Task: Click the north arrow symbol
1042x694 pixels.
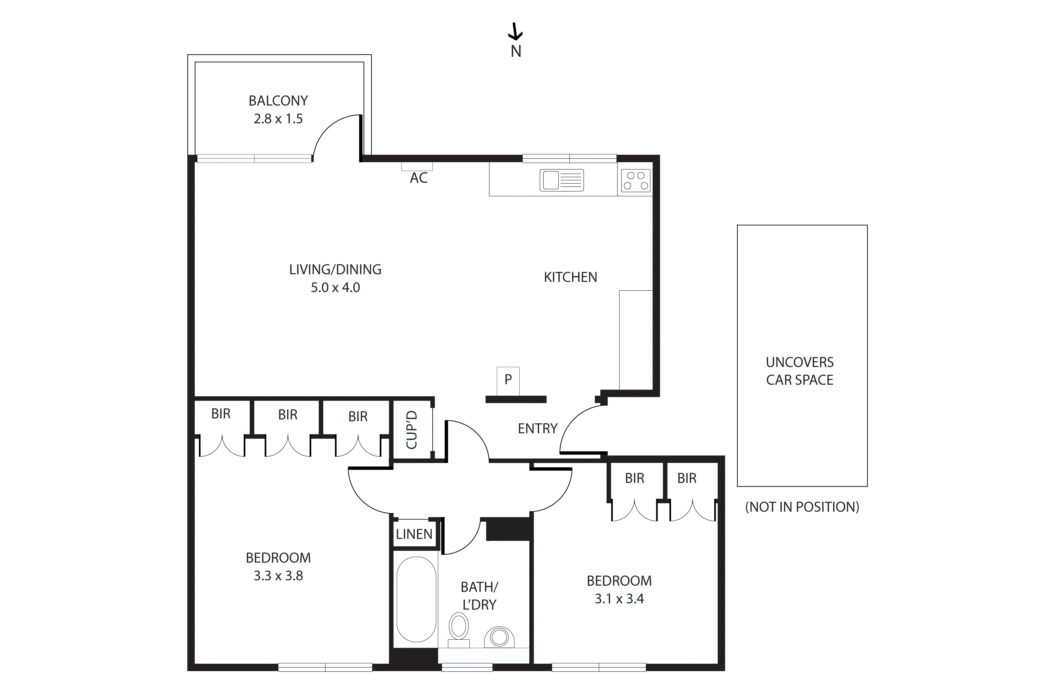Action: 515,32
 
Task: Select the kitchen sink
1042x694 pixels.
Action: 561,181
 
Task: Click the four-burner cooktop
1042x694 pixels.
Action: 636,181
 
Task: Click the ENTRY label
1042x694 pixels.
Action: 537,428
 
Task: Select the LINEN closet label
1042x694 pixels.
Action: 414,534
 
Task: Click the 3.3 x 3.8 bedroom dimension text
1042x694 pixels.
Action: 278,576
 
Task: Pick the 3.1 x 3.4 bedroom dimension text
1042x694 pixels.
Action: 619,599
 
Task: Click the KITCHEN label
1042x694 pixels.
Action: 570,277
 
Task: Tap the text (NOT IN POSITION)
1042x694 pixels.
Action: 802,507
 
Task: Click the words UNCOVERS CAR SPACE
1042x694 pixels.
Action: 800,371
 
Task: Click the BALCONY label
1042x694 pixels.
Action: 278,101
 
